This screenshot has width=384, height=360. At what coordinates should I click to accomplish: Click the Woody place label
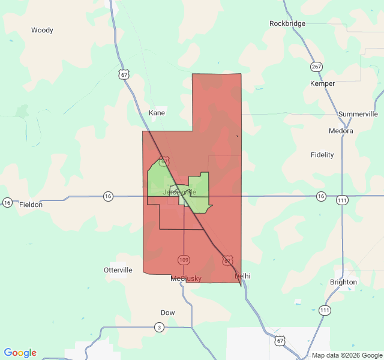pyautogui.click(x=42, y=30)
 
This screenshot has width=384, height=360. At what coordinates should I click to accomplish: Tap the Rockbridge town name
pyautogui.click(x=287, y=23)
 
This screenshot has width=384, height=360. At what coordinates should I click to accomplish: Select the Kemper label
pyautogui.click(x=322, y=83)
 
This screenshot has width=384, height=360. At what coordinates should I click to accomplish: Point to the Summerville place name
pyautogui.click(x=358, y=113)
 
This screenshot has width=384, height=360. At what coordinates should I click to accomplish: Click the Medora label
pyautogui.click(x=341, y=131)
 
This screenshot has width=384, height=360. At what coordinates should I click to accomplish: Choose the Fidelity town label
pyautogui.click(x=322, y=155)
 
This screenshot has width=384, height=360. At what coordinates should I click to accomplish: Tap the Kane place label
pyautogui.click(x=157, y=113)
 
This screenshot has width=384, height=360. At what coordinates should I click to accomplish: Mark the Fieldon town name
pyautogui.click(x=31, y=205)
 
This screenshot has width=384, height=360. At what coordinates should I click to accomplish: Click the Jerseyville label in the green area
pyautogui.click(x=179, y=192)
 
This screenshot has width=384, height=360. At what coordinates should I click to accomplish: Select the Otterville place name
pyautogui.click(x=118, y=270)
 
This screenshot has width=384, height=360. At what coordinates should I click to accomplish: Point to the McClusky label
pyautogui.click(x=186, y=278)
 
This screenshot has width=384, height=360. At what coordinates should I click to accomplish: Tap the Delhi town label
pyautogui.click(x=242, y=275)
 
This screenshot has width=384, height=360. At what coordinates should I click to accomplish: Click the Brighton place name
pyautogui.click(x=343, y=282)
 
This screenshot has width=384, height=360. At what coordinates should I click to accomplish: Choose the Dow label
pyautogui.click(x=168, y=313)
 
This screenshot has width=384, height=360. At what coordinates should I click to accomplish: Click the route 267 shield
pyautogui.click(x=316, y=67)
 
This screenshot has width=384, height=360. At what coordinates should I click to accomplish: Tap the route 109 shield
pyautogui.click(x=184, y=260)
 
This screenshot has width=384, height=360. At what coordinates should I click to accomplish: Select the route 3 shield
pyautogui.click(x=159, y=327)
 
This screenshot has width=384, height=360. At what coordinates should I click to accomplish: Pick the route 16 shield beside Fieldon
pyautogui.click(x=7, y=202)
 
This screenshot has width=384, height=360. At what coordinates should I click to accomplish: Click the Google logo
pyautogui.click(x=20, y=353)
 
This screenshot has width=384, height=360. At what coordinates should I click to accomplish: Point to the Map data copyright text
pyautogui.click(x=346, y=355)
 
